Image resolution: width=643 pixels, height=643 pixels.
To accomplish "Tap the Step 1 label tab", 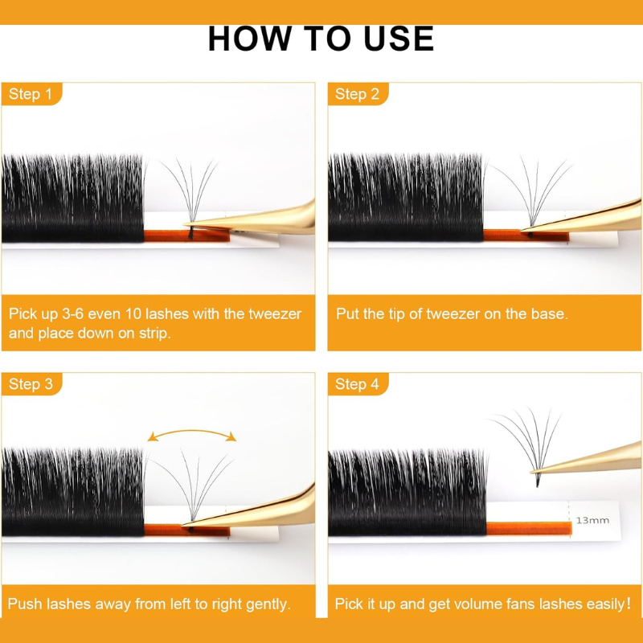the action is (31, 94).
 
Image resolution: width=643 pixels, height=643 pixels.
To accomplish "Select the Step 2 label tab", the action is (358, 94).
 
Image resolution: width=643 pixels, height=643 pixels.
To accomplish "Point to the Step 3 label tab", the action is (31, 384).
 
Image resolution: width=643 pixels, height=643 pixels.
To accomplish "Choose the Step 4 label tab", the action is (358, 384).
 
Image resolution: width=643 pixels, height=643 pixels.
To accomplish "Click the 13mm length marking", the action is (592, 520).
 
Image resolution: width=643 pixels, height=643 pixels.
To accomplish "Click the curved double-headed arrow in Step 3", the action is (192, 431).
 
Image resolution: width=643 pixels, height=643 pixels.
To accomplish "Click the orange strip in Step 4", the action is (529, 528).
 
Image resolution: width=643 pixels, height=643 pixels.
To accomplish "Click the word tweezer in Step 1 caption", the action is (275, 314).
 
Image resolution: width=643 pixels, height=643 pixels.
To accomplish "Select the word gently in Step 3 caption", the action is (268, 604).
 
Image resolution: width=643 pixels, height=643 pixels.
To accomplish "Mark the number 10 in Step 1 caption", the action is (133, 314).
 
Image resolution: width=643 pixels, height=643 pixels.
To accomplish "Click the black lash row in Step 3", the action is (73, 492).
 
